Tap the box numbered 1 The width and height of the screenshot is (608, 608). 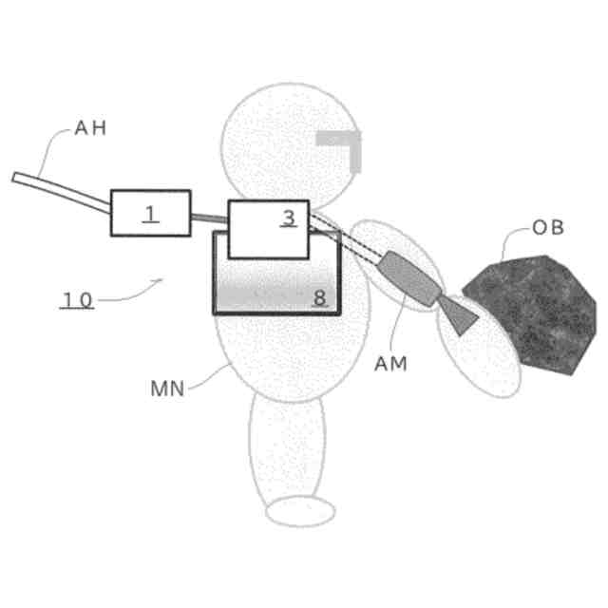pyautogui.click(x=150, y=214)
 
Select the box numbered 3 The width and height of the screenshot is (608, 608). pyautogui.click(x=269, y=229)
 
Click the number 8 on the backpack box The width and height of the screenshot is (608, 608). pyautogui.click(x=319, y=297)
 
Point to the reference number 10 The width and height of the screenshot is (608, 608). pyautogui.click(x=77, y=300)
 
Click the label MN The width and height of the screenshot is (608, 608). pyautogui.click(x=167, y=388)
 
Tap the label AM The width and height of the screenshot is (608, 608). pyautogui.click(x=390, y=363)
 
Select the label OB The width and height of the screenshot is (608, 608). pyautogui.click(x=548, y=228)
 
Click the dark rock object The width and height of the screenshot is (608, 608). pyautogui.click(x=532, y=309)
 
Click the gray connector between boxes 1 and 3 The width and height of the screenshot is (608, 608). pyautogui.click(x=209, y=219)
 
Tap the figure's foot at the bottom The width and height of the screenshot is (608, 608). pyautogui.click(x=299, y=512)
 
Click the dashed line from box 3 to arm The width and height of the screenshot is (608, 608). pyautogui.click(x=351, y=240)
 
